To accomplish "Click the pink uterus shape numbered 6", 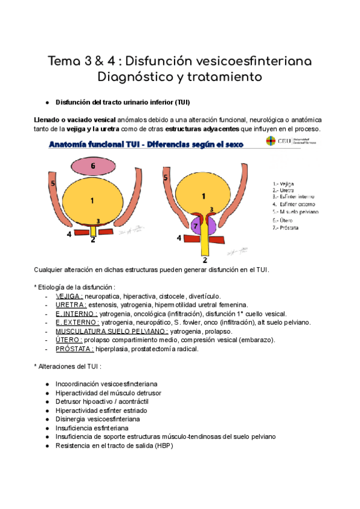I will [92, 165].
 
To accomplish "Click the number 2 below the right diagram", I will [205, 261].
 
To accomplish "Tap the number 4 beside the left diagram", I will [69, 234].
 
